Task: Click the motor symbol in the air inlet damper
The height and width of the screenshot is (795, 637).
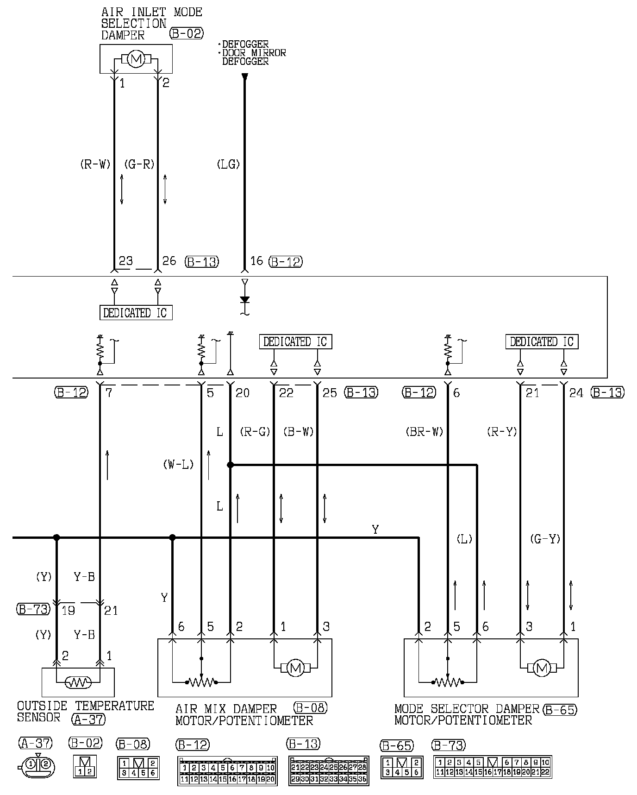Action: point(136,59)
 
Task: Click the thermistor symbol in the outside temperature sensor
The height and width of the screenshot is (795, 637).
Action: point(78,682)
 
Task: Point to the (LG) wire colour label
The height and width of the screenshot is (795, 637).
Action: point(228,164)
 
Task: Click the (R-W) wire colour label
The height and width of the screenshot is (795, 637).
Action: point(95,164)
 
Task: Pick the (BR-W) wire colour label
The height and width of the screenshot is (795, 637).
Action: point(425,432)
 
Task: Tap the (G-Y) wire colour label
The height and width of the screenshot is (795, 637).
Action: point(545,539)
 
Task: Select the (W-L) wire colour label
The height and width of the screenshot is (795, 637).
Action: point(178,464)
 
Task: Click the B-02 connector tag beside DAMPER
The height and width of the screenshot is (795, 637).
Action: point(187,33)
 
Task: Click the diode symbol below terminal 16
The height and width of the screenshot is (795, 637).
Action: point(245,300)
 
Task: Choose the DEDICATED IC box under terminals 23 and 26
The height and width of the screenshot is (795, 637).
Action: point(136,313)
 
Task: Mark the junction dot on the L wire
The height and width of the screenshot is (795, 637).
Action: point(230,465)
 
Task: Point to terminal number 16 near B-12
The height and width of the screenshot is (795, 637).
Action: point(256,261)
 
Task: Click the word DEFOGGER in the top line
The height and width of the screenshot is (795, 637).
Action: point(245,44)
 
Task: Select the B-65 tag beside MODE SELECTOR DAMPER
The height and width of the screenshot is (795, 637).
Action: point(561,710)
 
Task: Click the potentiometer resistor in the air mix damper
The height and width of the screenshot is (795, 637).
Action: point(201,682)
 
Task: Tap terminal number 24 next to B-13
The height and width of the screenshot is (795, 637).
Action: point(576,393)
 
